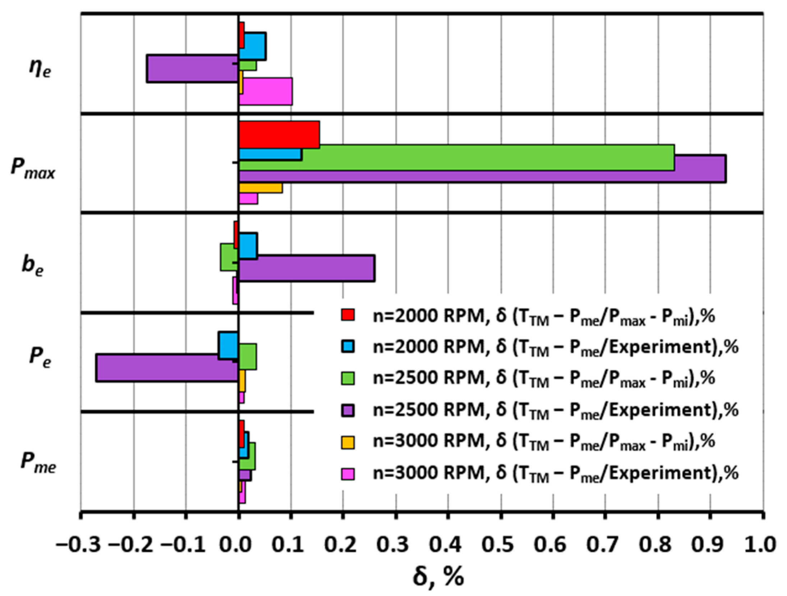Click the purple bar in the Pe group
click(167, 368)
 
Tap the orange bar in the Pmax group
click(261, 188)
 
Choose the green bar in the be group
click(229, 257)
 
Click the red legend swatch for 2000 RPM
click(348, 315)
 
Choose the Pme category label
click(38, 462)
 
